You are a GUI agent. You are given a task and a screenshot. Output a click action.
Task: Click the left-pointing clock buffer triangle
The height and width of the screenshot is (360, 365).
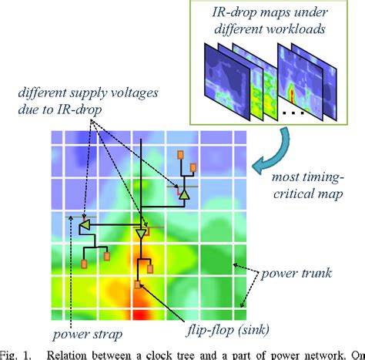[x=85, y=224]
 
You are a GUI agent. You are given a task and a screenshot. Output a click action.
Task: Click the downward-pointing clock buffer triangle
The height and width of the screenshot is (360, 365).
[x=141, y=232]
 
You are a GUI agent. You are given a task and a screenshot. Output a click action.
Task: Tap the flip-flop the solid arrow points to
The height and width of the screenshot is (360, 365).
[x=138, y=284]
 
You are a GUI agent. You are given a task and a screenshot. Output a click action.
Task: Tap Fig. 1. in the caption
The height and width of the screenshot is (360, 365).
[x=16, y=354]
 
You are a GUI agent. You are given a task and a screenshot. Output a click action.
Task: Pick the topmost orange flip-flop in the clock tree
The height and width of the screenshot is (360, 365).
[x=181, y=153]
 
